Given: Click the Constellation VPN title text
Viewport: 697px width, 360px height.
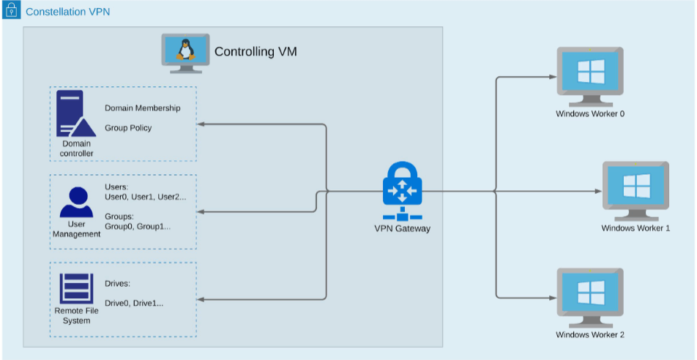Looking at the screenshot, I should pyautogui.click(x=68, y=12).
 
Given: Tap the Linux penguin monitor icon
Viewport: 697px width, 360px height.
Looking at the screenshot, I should pyautogui.click(x=185, y=53).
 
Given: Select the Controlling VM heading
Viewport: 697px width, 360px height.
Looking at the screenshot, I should pyautogui.click(x=256, y=52).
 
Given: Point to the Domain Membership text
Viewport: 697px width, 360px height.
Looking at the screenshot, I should pyautogui.click(x=142, y=108).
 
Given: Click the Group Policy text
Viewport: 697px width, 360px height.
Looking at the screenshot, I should pyautogui.click(x=128, y=128).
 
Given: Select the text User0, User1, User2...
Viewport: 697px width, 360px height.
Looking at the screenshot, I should pyautogui.click(x=145, y=197).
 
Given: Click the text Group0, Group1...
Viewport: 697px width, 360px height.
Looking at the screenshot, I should pyautogui.click(x=138, y=226).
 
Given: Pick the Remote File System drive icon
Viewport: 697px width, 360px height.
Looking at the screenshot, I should pyautogui.click(x=76, y=288).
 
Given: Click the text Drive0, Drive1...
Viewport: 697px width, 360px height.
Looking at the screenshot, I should pyautogui.click(x=134, y=303).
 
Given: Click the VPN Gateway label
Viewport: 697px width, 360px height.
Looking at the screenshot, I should pyautogui.click(x=401, y=228).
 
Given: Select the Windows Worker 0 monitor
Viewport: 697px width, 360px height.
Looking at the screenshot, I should pyautogui.click(x=590, y=75).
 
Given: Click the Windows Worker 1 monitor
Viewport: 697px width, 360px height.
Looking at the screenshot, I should pyautogui.click(x=635, y=190).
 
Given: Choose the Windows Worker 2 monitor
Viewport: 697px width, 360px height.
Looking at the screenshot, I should pyautogui.click(x=590, y=296).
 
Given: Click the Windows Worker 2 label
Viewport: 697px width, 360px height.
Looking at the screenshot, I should pyautogui.click(x=590, y=335).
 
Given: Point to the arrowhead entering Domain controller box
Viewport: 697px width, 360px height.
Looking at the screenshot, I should pyautogui.click(x=201, y=124).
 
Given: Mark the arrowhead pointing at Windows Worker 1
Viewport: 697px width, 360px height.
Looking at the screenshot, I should pyautogui.click(x=597, y=192).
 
